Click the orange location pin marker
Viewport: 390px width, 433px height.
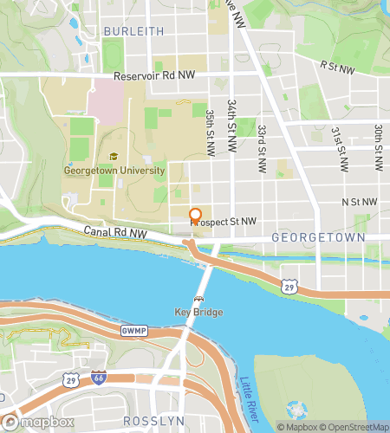(x=195, y=216)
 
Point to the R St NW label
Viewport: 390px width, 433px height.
(x=337, y=66)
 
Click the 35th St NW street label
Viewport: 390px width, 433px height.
(x=210, y=132)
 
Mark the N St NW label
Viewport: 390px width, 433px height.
(x=360, y=202)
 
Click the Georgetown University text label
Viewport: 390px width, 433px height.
(x=114, y=171)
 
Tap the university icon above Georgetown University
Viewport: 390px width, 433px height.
(x=113, y=157)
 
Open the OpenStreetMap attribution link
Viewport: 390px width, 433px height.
(x=354, y=426)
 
